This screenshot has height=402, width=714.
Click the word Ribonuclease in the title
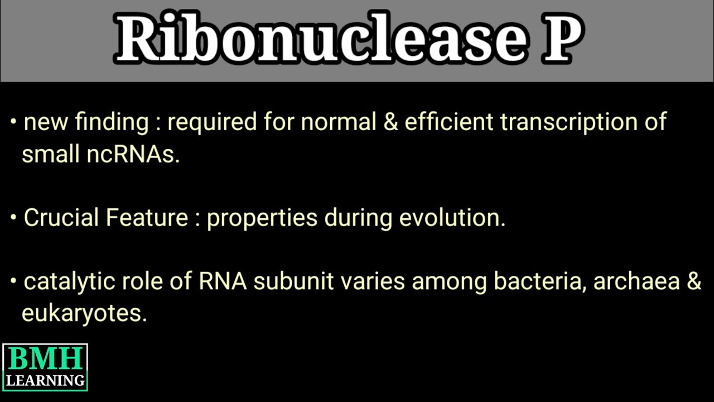(320, 39)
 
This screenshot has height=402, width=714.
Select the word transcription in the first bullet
(564, 122)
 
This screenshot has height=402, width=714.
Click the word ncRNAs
(133, 155)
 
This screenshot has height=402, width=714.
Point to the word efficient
(449, 122)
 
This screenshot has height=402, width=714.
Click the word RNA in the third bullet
(223, 281)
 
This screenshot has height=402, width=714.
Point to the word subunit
(290, 281)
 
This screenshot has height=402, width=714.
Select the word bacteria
(539, 281)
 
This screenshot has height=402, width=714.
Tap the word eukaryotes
(84, 314)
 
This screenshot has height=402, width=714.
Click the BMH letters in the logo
(45, 360)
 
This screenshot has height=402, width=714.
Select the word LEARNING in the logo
(45, 381)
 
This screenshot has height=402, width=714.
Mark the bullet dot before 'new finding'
(13, 122)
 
